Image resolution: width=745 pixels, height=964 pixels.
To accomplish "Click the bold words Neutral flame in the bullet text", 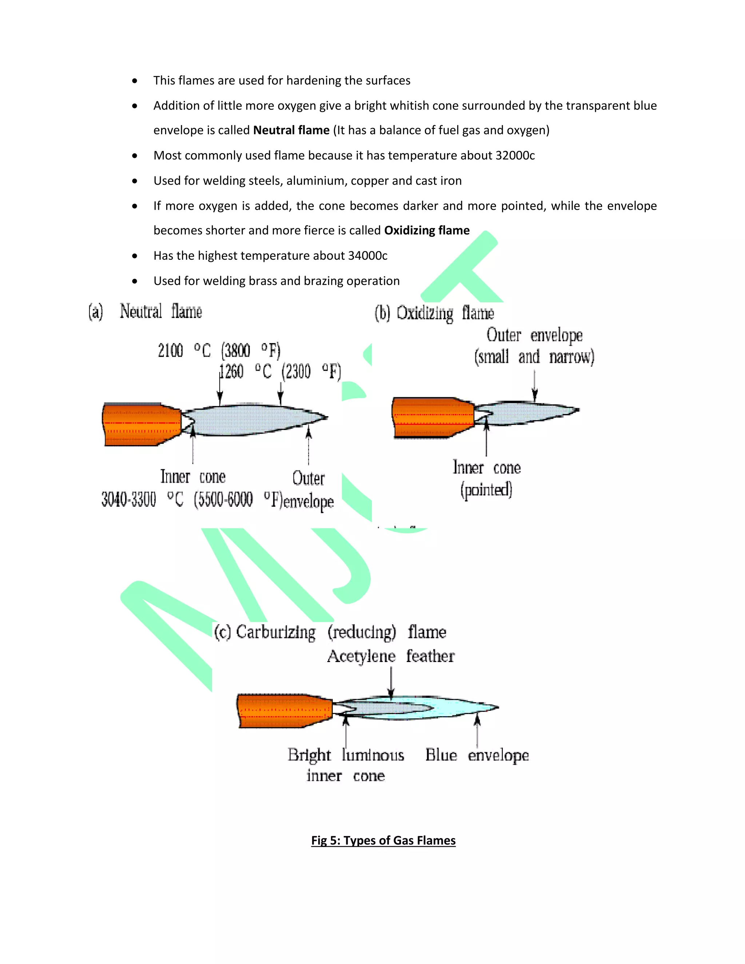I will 291,130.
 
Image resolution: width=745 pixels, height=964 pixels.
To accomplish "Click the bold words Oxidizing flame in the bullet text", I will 427,230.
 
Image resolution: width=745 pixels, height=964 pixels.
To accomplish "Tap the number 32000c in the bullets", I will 515,155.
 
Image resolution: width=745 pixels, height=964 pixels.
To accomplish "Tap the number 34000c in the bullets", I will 368,256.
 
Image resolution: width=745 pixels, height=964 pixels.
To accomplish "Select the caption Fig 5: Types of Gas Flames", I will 383,840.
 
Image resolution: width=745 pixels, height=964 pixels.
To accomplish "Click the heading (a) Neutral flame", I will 146,312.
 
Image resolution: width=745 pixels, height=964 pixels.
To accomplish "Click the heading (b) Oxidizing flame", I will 434,313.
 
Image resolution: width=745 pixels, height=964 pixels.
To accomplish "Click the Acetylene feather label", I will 391,656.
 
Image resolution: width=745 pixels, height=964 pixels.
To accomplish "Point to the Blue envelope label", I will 477,755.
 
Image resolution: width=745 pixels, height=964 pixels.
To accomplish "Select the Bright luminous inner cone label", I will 346,765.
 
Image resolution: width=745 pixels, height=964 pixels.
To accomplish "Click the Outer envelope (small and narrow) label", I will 534,346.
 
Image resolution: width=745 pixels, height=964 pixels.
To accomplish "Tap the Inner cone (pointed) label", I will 486,478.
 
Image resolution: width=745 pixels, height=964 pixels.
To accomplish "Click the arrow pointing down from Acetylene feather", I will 391,682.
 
